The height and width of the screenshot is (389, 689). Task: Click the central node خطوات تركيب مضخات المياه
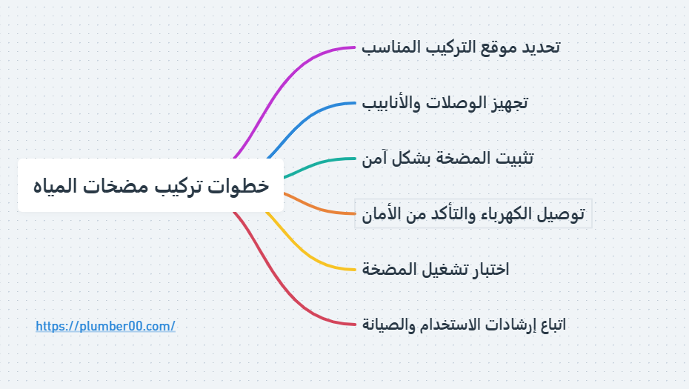[x=150, y=185]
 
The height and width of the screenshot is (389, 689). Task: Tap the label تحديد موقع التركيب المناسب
[x=461, y=47]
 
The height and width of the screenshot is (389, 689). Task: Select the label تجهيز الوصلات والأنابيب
[x=445, y=103]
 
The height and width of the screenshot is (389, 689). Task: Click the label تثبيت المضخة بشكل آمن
[x=447, y=159]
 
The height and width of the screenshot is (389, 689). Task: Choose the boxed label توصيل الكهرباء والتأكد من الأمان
[x=473, y=213]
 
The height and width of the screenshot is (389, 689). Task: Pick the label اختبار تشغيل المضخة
[x=436, y=269]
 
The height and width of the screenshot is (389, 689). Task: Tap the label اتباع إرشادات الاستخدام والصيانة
[x=464, y=325]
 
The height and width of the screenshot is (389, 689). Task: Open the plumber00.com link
[x=105, y=326]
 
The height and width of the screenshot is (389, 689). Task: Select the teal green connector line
[x=317, y=164]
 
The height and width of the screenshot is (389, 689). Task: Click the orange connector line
[x=317, y=208]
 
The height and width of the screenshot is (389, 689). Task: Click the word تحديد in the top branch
[x=541, y=47]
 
